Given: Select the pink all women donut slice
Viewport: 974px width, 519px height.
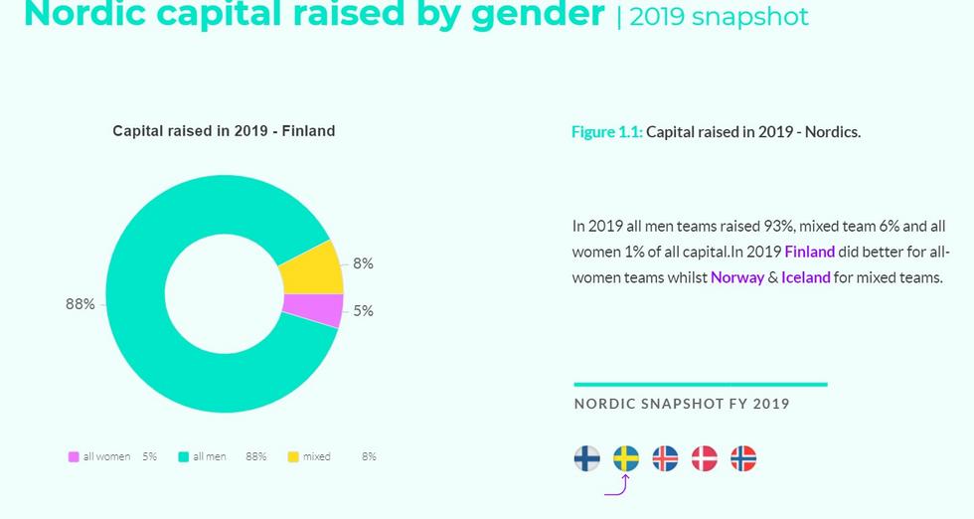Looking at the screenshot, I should click(312, 309).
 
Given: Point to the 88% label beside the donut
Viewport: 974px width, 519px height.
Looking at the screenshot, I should click(81, 304).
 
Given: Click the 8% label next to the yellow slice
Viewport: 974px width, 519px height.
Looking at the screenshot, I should click(363, 263).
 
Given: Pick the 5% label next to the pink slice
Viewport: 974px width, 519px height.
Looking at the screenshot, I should click(363, 311).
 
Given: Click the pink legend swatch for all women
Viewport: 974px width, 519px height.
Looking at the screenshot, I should click(74, 457).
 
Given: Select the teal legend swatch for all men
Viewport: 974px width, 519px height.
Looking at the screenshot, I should click(183, 457).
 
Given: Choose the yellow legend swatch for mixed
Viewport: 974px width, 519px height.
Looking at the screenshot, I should click(293, 457).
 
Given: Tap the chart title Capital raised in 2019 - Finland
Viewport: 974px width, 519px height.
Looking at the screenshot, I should click(224, 131).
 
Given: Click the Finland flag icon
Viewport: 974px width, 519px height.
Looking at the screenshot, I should click(587, 458).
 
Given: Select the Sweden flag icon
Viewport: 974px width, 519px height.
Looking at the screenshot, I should click(626, 458).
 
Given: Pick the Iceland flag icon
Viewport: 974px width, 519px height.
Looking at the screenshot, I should click(665, 458).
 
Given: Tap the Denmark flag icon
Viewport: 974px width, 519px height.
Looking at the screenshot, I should click(704, 458).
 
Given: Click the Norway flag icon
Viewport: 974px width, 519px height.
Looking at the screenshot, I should click(743, 458).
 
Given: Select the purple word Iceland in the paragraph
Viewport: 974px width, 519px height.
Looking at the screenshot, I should click(805, 277).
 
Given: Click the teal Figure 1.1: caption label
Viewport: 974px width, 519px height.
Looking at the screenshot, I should click(607, 132).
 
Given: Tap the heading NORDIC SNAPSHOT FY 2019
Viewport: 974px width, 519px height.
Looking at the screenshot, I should click(682, 404).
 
